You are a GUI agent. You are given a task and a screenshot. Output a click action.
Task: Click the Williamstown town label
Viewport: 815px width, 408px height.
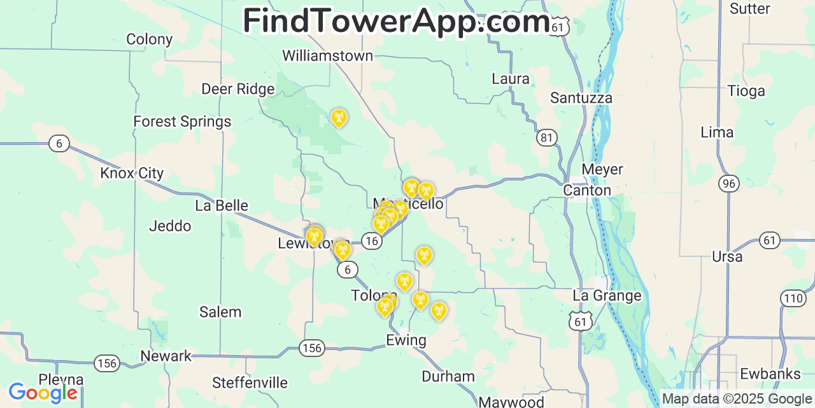tap(327, 55)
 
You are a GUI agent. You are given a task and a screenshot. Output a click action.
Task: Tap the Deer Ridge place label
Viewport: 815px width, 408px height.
tap(237, 89)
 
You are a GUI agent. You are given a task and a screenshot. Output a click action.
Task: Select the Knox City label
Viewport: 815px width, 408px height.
tap(132, 173)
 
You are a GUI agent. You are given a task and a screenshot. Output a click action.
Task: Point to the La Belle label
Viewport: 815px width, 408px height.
tap(222, 205)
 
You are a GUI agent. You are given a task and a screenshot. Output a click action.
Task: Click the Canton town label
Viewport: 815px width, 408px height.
tap(586, 190)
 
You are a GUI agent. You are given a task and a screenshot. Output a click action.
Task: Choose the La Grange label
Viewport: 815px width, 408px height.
tap(607, 295)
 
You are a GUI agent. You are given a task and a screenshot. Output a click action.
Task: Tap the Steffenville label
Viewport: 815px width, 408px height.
tap(250, 382)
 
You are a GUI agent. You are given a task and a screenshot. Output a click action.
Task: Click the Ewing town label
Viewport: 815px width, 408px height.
tap(406, 340)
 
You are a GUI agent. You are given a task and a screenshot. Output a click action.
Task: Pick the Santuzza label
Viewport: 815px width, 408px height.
tap(581, 98)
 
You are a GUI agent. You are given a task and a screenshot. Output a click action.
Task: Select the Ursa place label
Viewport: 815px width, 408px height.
tap(727, 256)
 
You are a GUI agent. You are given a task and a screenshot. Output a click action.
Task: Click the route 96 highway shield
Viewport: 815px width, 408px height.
tap(729, 184)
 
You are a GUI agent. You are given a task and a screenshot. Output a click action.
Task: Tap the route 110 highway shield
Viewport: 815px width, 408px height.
tap(793, 298)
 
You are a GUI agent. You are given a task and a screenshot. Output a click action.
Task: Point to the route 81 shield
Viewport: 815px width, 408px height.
tap(546, 137)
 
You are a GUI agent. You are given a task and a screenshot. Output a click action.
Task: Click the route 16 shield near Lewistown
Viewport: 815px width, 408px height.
tap(372, 240)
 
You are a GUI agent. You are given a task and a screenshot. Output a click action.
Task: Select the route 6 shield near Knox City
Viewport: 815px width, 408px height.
tap(59, 143)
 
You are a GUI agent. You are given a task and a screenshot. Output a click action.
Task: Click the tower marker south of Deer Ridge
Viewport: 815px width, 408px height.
tap(339, 117)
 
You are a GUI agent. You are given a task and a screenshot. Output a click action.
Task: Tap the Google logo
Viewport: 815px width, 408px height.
tap(43, 392)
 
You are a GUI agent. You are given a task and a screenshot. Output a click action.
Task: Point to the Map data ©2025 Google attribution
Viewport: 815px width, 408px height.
tap(737, 398)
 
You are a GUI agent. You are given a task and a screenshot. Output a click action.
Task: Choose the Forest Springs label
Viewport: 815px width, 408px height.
tap(182, 121)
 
